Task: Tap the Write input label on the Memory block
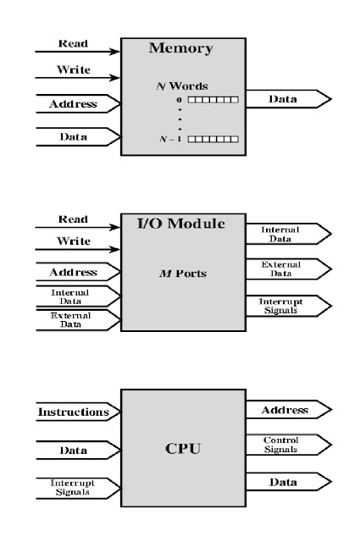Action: point(74,70)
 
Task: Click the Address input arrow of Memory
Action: point(74,105)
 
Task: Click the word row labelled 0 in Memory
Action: point(213,100)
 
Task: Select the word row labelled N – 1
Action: point(213,138)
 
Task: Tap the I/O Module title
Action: point(181,224)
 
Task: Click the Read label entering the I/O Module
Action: point(73,219)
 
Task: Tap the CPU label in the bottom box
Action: point(182,448)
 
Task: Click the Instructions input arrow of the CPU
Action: point(74,412)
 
